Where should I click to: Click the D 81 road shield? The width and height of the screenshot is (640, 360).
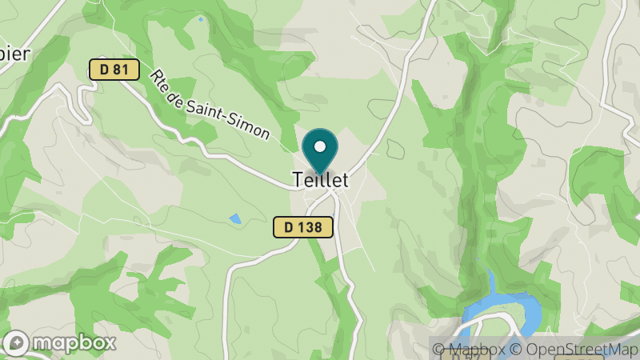click(x=114, y=70)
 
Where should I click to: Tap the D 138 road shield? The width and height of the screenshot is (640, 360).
click(x=302, y=227)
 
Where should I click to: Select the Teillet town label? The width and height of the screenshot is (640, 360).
click(x=320, y=180)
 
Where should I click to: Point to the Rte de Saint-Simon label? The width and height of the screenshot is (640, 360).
click(x=210, y=104)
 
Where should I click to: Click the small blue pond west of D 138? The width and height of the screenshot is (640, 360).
click(x=234, y=218)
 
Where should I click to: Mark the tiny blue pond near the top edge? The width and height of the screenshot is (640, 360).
click(x=201, y=19)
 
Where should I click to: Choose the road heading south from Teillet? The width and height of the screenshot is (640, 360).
click(x=342, y=256)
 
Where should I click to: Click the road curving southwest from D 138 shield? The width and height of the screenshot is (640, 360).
click(x=240, y=264)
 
